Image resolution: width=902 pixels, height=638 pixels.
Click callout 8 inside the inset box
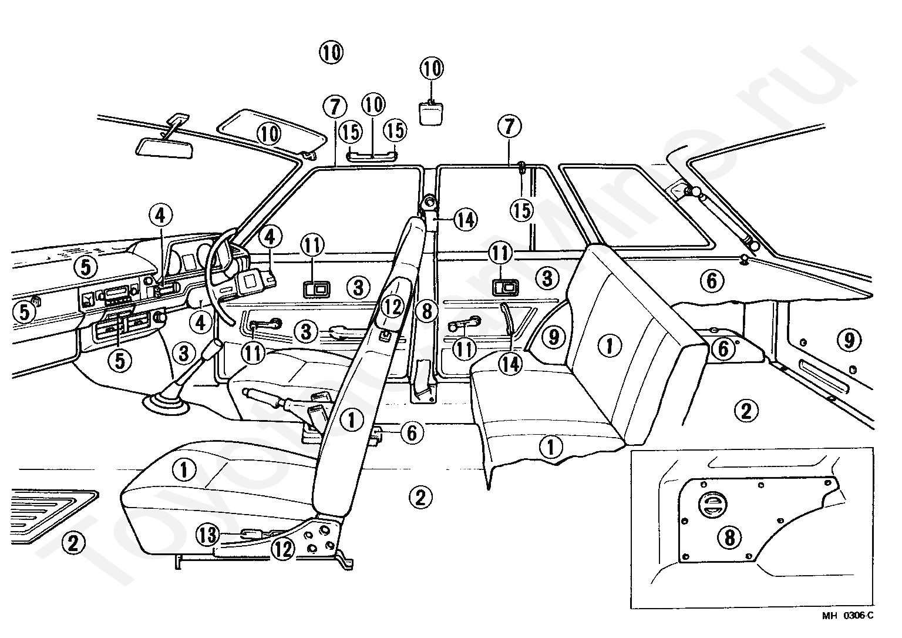(x=730, y=537)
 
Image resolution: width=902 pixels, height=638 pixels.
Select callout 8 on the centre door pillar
(x=427, y=310)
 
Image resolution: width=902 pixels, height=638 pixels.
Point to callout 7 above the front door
(x=334, y=107)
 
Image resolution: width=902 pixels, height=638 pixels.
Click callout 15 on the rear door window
(x=521, y=210)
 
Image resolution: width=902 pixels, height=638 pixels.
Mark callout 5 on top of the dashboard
(x=86, y=268)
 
